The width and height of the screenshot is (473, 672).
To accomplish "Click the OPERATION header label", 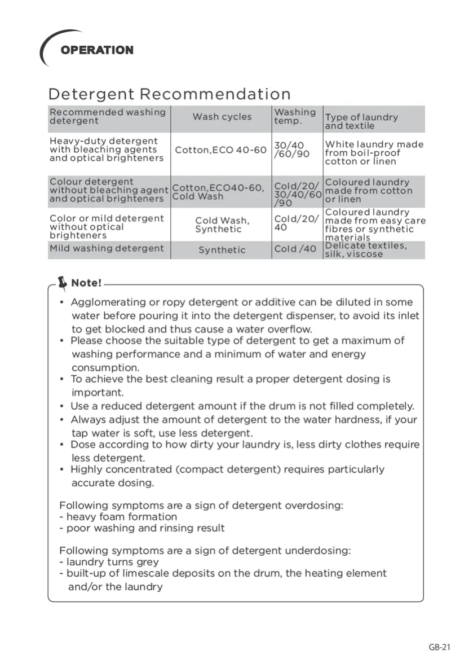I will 97,50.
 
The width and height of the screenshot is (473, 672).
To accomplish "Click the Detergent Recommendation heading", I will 170,94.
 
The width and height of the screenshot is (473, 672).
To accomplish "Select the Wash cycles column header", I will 222,117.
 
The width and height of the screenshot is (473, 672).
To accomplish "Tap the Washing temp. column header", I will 295,116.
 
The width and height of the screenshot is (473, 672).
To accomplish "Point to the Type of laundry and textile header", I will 361,121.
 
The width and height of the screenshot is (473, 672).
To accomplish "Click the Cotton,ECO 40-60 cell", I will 220,150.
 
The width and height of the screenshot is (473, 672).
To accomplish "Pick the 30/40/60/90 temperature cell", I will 291,150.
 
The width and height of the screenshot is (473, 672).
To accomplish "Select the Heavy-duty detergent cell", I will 107,150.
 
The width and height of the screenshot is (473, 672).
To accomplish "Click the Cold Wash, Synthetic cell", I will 222,225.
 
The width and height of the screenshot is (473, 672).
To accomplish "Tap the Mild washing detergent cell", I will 107,248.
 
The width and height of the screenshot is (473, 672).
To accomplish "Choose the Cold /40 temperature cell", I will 295,249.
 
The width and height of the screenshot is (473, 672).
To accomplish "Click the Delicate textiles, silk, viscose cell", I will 365,250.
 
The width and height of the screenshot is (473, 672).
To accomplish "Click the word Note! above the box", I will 86,283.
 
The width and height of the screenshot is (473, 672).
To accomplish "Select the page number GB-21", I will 439,647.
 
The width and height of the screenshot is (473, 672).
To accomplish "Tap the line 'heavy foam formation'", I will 121,517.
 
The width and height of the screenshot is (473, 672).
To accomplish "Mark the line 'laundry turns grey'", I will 112,562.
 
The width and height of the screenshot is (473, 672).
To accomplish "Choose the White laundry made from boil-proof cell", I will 374,153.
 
